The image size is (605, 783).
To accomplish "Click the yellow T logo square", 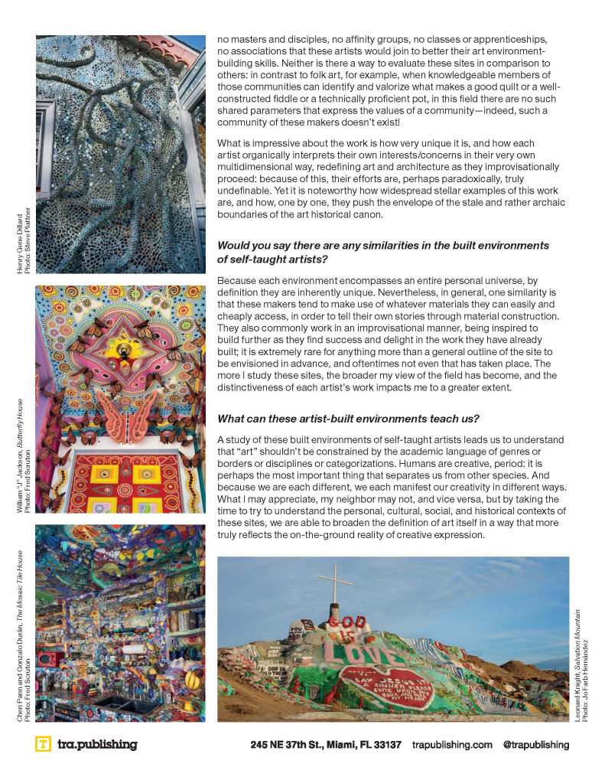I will pyautogui.click(x=44, y=744).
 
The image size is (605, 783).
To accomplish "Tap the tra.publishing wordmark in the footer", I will pyautogui.click(x=97, y=744).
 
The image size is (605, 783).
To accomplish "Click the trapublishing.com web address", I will pyautogui.click(x=452, y=745).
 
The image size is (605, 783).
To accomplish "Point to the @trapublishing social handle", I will pyautogui.click(x=535, y=745).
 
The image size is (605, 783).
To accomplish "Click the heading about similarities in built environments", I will pyautogui.click(x=383, y=253).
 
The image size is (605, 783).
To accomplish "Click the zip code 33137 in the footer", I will pyautogui.click(x=386, y=745).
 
